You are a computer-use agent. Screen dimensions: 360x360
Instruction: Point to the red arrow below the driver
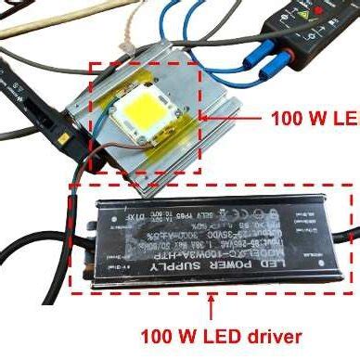(213, 305)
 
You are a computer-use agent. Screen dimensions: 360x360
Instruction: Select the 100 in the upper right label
(287, 118)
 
